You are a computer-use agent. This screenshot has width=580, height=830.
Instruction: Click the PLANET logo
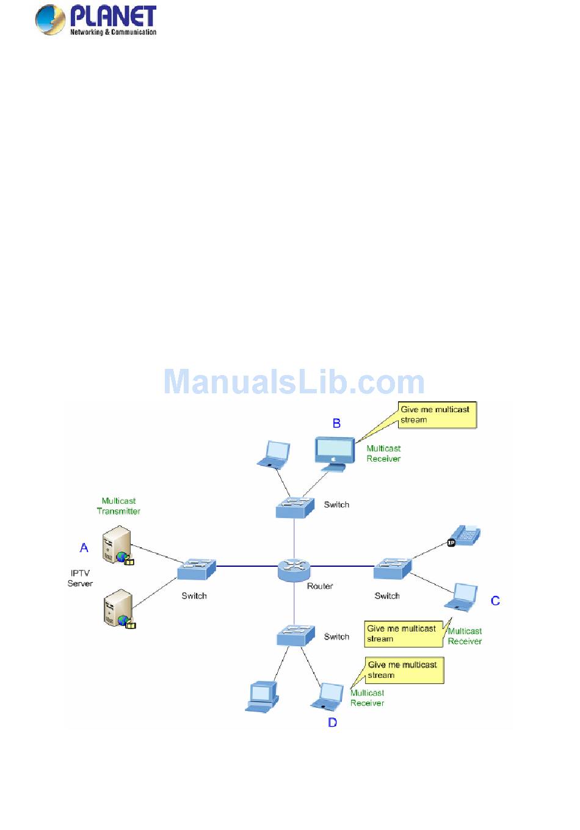point(96,20)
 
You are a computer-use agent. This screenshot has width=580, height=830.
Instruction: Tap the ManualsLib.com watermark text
point(294,382)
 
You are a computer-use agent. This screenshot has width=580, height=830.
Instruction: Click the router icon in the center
point(294,569)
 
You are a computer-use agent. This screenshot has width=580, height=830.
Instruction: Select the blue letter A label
point(84,548)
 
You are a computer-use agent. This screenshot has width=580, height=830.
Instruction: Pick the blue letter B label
point(336,423)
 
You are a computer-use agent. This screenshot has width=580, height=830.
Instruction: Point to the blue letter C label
point(495,601)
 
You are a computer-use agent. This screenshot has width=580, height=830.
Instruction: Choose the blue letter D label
point(332,723)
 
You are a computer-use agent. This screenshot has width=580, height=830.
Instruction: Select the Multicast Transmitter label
point(118,506)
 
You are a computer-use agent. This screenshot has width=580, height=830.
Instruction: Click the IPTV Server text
point(80,578)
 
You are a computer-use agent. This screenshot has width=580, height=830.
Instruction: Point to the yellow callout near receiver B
point(437,415)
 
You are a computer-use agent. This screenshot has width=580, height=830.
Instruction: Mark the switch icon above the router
point(294,507)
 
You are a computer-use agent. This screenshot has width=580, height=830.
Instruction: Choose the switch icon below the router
point(295,635)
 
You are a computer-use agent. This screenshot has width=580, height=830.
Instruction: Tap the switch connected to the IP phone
point(392,568)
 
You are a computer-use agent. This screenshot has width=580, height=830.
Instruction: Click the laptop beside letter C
point(462,597)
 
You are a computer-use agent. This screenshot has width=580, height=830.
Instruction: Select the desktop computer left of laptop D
point(263,697)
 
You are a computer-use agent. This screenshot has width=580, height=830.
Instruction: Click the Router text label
point(320,586)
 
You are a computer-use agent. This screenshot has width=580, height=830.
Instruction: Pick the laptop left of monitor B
point(274,455)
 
